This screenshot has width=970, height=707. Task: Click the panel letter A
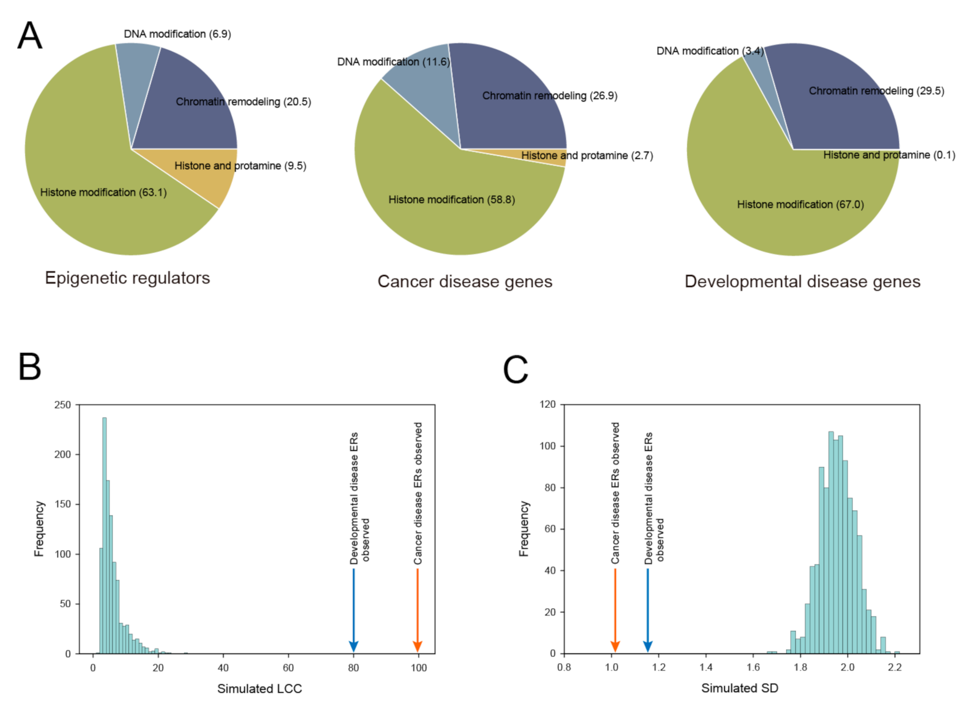[29, 36]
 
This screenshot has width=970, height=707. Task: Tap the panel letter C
[515, 370]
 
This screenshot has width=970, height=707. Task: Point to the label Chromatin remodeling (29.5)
[876, 91]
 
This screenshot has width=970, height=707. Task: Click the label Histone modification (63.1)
[103, 193]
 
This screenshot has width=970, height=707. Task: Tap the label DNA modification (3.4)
[709, 51]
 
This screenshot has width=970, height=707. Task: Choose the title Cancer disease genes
[465, 282]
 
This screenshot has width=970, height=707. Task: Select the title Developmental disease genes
[802, 282]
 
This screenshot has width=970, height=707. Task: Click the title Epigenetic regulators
[127, 278]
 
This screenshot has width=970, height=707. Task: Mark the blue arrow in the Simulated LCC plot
[354, 611]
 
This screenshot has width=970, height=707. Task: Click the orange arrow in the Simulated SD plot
[615, 611]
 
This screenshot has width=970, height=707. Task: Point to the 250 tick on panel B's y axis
[63, 405]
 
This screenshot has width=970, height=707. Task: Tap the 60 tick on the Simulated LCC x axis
[288, 668]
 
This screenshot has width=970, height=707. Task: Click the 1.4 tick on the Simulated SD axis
[706, 667]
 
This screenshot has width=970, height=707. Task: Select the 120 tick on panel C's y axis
[547, 404]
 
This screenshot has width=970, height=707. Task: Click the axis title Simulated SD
[739, 688]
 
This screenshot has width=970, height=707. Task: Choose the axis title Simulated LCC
[259, 688]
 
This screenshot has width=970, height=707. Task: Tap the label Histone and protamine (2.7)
[587, 155]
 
